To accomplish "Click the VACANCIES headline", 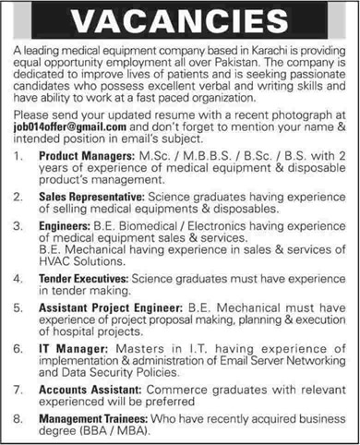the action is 180,19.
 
